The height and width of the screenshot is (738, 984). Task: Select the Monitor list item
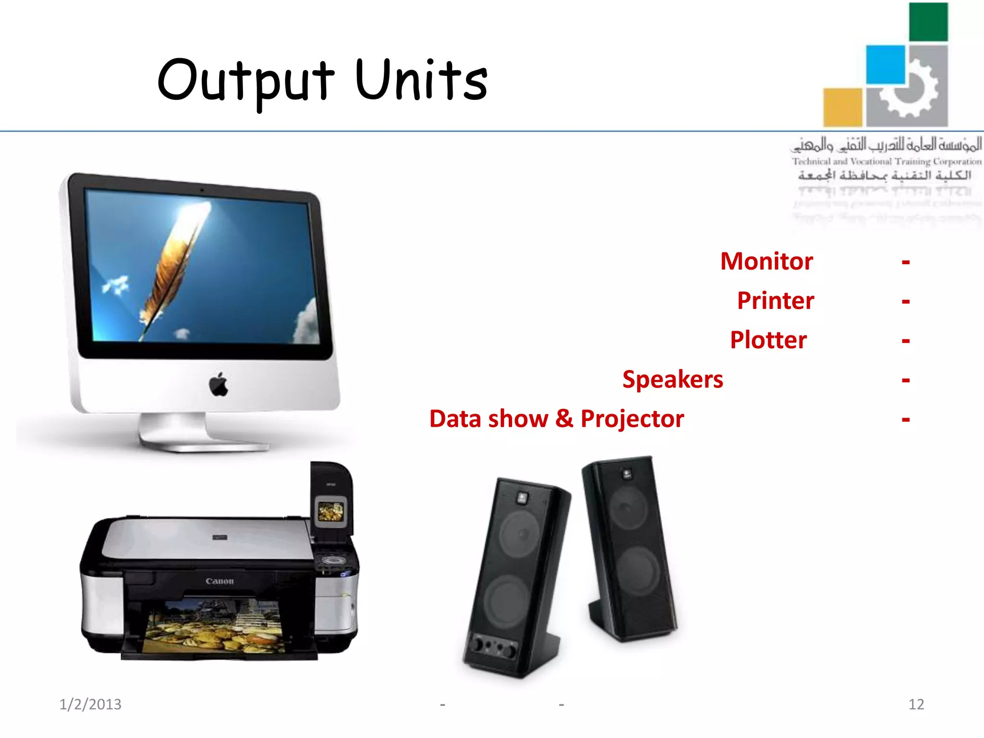pos(766,261)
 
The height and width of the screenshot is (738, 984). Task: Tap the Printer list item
pos(775,301)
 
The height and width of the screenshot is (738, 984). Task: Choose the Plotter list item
pos(768,340)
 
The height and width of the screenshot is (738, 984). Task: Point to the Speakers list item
pos(673,380)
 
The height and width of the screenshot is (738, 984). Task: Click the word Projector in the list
pos(632,419)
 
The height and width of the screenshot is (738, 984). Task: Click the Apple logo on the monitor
pos(219,384)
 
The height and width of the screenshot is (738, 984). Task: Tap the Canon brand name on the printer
pos(220,581)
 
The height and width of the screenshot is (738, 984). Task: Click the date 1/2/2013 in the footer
pos(90,704)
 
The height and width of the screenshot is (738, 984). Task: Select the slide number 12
pos(916,704)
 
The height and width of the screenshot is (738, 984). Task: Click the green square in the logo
pos(928,22)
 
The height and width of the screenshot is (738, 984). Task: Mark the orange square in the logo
pos(843,107)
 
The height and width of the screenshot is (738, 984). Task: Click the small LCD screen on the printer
pos(331,512)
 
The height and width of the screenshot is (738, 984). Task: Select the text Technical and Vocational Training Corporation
pos(886,161)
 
